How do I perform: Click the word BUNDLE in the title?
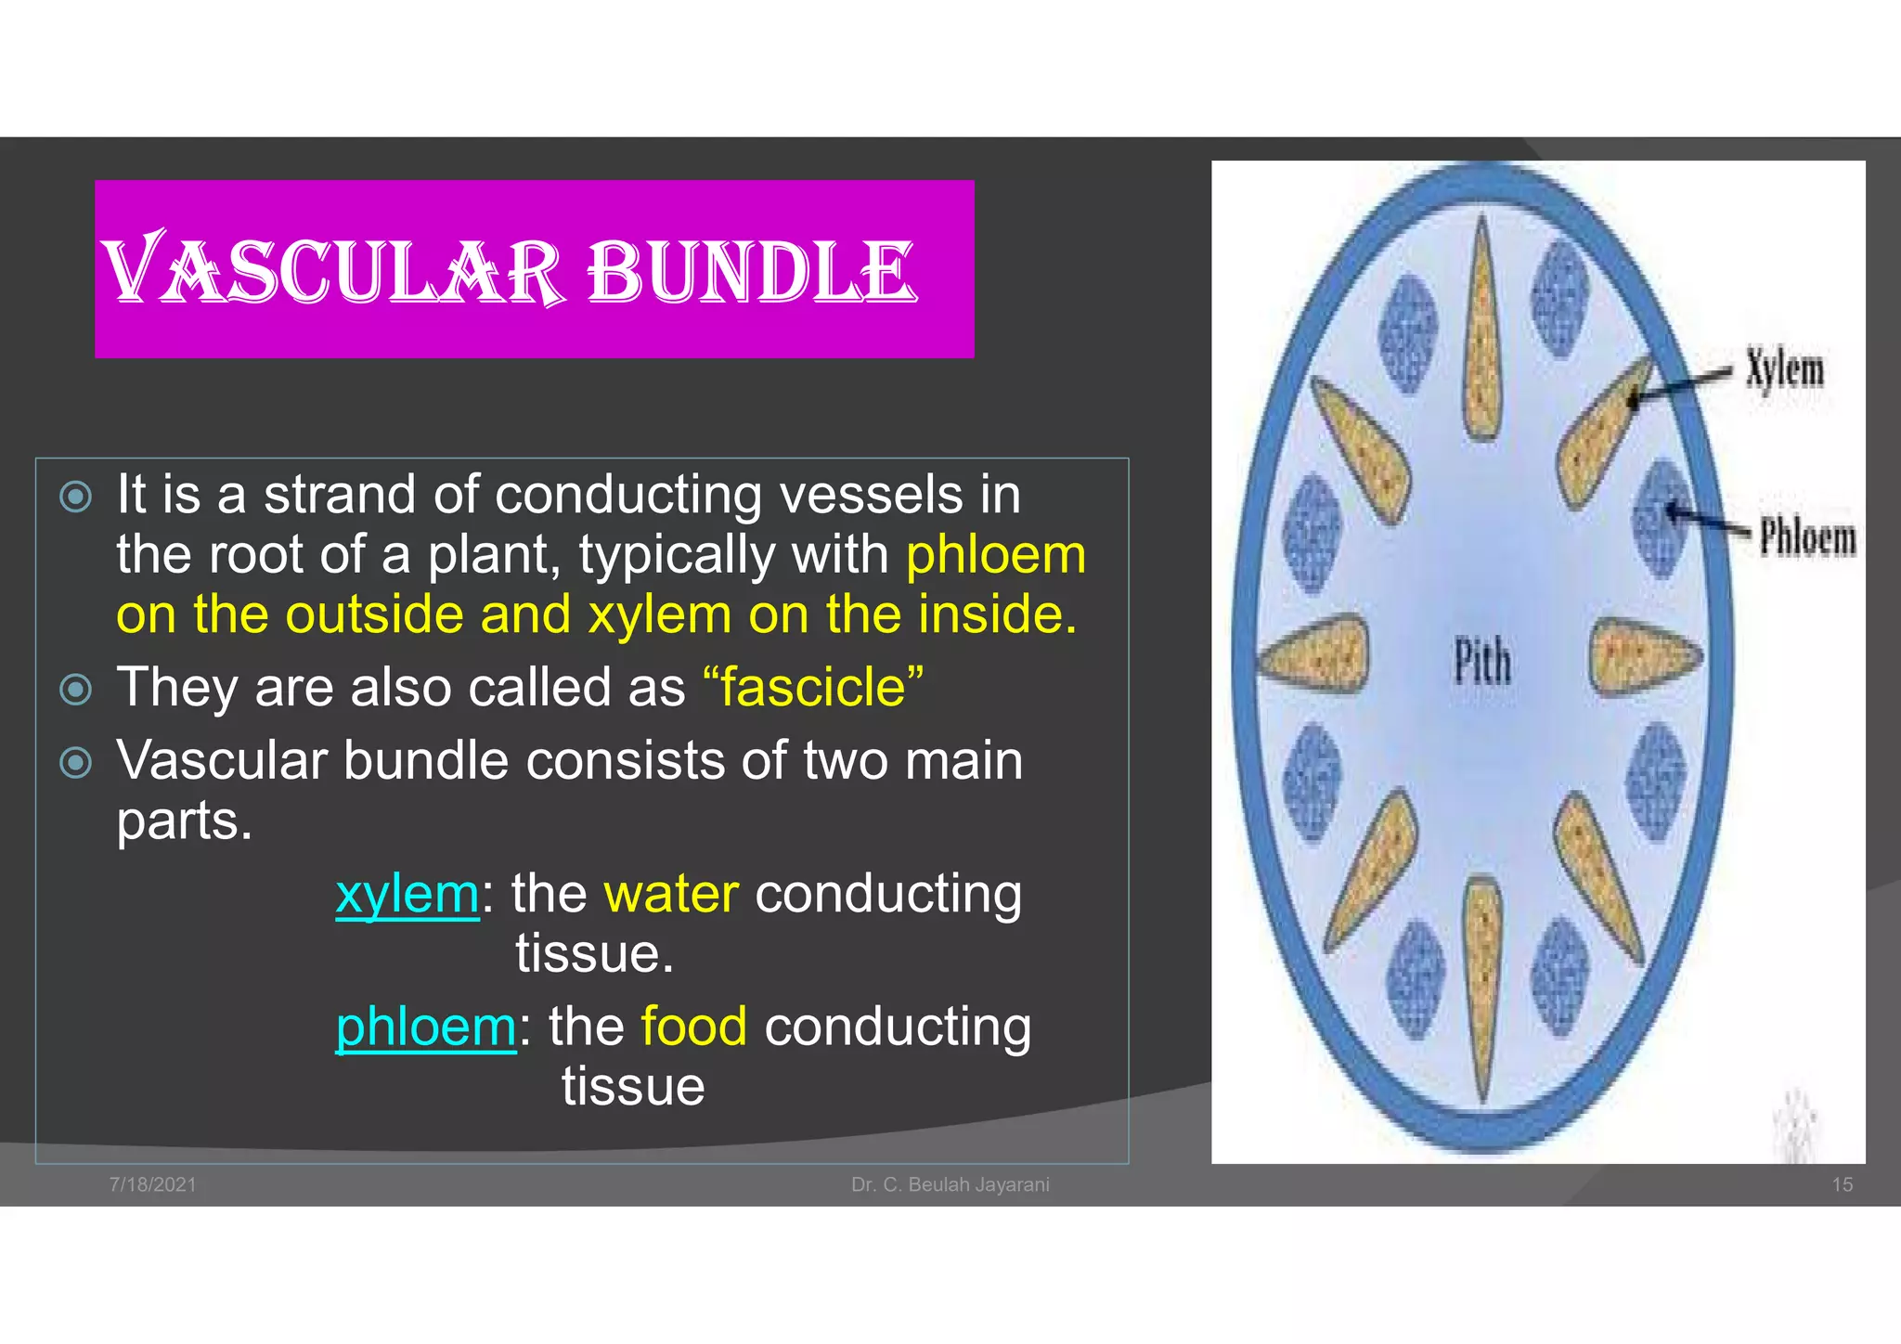click(752, 271)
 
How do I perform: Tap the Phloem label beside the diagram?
click(1807, 538)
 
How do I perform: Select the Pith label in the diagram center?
click(1481, 663)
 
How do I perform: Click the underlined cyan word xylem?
click(407, 894)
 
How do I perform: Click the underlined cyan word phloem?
click(425, 1027)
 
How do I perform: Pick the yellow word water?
click(671, 894)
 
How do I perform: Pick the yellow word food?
click(693, 1027)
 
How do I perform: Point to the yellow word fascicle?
click(813, 688)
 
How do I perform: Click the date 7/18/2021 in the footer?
click(152, 1184)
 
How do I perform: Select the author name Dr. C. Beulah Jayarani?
click(950, 1184)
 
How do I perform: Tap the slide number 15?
click(1842, 1184)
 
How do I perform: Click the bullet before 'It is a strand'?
click(75, 497)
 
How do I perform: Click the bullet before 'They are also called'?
click(75, 690)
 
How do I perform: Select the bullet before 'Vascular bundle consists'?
click(75, 763)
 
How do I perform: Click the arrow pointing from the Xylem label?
click(1680, 385)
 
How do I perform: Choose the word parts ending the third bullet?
click(184, 821)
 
